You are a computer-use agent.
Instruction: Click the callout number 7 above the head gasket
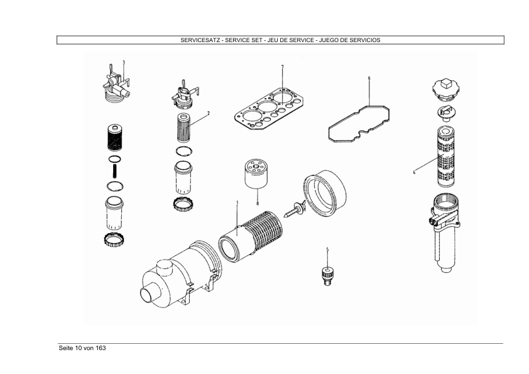click(x=282, y=67)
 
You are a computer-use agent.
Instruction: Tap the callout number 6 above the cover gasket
click(x=369, y=78)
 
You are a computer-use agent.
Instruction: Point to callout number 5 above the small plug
click(x=327, y=250)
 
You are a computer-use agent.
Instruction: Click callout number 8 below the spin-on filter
click(x=257, y=204)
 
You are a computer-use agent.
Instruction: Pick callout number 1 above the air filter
click(x=237, y=202)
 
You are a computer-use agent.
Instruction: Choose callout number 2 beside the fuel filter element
click(x=208, y=114)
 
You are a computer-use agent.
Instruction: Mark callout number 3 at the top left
click(x=123, y=62)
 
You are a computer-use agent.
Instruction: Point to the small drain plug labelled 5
click(x=326, y=274)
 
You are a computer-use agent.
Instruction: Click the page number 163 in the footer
click(x=100, y=348)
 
